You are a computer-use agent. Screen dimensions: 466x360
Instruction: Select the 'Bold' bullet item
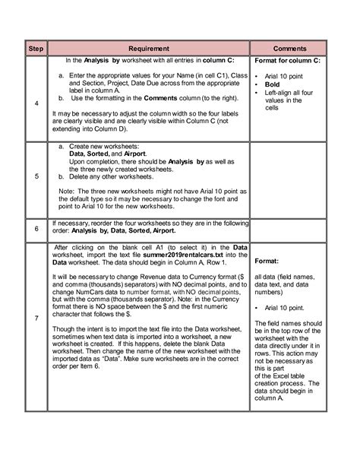(274, 85)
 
